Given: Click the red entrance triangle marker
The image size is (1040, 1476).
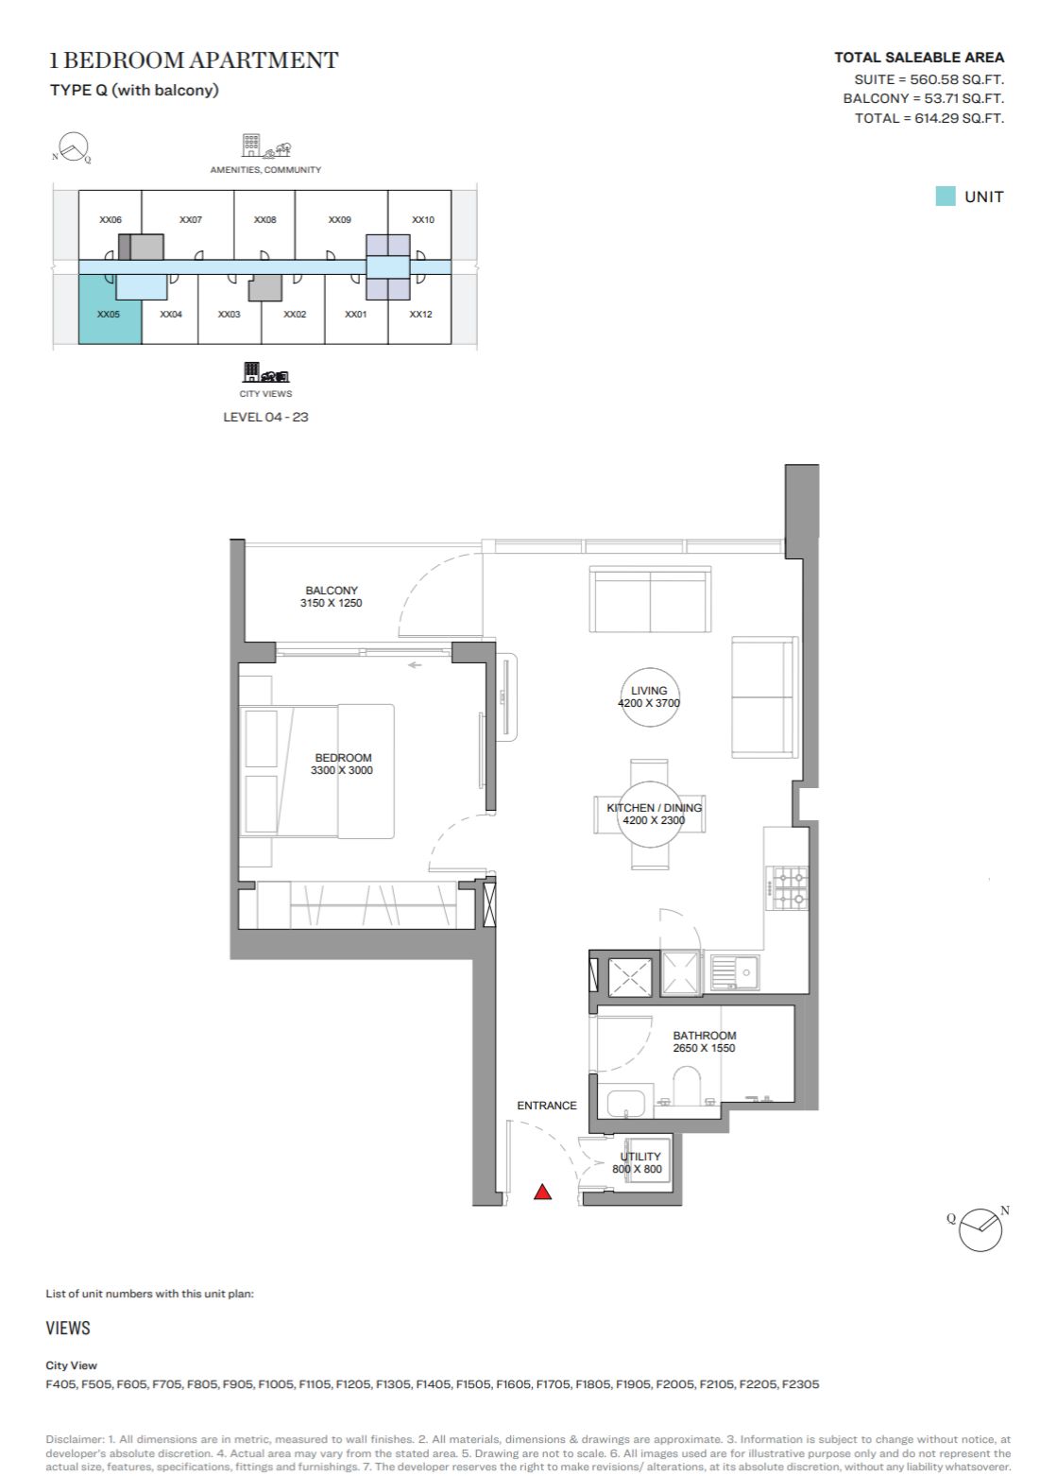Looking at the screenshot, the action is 542,1192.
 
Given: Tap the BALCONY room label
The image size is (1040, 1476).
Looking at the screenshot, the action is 332,591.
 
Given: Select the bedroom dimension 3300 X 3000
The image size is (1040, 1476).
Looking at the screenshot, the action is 342,770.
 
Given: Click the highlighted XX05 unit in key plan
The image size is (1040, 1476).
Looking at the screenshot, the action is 110,310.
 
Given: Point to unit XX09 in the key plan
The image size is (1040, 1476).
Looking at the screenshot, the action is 340,219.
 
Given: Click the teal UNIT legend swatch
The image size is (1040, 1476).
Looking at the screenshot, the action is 946,197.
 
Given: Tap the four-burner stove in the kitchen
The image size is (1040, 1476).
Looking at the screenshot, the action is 791,888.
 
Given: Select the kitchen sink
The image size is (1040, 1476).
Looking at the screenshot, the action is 735,972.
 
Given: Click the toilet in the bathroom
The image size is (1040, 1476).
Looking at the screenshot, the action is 686,1086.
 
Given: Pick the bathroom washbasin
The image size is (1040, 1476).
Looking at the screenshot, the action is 625,1103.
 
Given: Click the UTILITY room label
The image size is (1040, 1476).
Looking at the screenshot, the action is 640,1157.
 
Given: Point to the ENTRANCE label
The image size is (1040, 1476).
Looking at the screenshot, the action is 547,1105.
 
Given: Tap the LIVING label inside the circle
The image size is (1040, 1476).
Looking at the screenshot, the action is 649,691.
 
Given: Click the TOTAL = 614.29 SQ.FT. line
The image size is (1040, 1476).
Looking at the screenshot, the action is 929,119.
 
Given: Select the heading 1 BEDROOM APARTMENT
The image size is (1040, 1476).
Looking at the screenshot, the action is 194,60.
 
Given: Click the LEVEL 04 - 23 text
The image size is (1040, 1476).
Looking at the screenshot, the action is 265,417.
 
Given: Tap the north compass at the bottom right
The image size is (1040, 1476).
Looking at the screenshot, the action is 980,1229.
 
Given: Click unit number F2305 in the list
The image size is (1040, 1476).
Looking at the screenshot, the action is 799,1383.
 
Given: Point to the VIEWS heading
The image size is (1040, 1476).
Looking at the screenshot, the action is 68,1328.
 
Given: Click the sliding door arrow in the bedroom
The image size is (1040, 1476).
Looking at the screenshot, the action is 415,665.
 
